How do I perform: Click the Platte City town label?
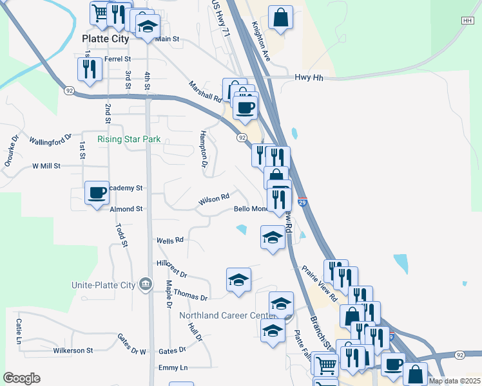[x=106, y=39]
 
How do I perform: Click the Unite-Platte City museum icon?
[x=146, y=284]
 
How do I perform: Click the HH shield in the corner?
[x=467, y=21]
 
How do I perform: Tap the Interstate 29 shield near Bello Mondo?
[x=302, y=201]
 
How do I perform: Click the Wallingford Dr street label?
[x=51, y=140]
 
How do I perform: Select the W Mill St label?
[x=46, y=165]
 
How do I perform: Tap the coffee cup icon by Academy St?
[x=97, y=192]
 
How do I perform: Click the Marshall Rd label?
[x=205, y=92]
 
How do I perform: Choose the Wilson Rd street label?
[x=214, y=199]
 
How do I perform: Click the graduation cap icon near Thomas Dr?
[x=238, y=280]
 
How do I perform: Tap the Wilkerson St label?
[x=72, y=351]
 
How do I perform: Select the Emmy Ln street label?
[x=173, y=367]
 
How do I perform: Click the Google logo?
[x=21, y=378]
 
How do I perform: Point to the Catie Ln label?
[x=20, y=331]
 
